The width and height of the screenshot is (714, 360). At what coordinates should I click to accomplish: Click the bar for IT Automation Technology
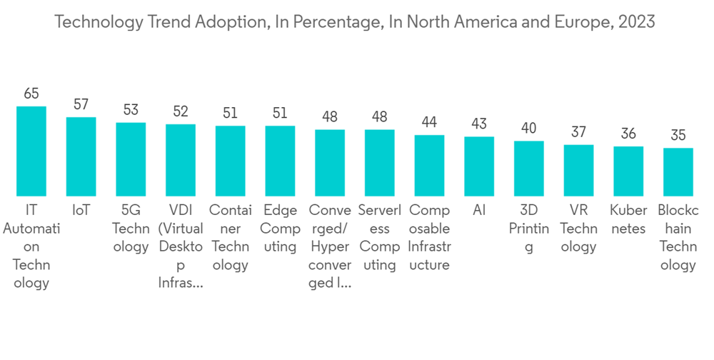coord(31,151)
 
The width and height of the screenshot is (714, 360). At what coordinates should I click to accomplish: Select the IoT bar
coord(81,156)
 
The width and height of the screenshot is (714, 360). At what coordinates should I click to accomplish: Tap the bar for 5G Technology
coord(131,159)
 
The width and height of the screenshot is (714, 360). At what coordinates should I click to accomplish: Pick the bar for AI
coord(479,166)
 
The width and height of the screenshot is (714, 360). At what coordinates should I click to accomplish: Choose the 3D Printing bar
coord(529,169)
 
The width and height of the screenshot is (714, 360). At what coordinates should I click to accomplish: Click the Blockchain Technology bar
coord(678,172)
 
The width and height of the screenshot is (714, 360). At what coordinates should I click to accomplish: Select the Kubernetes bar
coord(628,171)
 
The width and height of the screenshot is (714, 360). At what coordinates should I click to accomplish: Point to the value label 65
coord(31,94)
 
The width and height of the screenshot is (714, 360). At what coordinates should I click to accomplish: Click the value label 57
coord(81,104)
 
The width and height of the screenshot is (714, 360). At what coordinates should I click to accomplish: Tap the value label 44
coord(429,122)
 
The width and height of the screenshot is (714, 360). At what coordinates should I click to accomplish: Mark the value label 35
coord(678,135)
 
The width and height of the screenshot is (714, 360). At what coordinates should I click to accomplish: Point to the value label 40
coord(529,128)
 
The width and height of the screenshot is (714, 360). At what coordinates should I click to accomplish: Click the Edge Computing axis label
coord(280,229)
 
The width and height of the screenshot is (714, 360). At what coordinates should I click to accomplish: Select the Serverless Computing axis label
coord(379,238)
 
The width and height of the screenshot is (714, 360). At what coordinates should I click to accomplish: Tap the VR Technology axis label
coord(578,229)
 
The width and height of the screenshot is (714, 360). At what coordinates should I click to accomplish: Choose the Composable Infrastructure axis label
coord(429,238)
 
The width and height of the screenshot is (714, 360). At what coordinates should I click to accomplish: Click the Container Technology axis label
coord(230,238)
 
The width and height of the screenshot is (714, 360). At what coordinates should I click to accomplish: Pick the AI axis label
coord(479,211)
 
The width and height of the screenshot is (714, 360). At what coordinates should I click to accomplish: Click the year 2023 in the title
coord(637,22)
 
